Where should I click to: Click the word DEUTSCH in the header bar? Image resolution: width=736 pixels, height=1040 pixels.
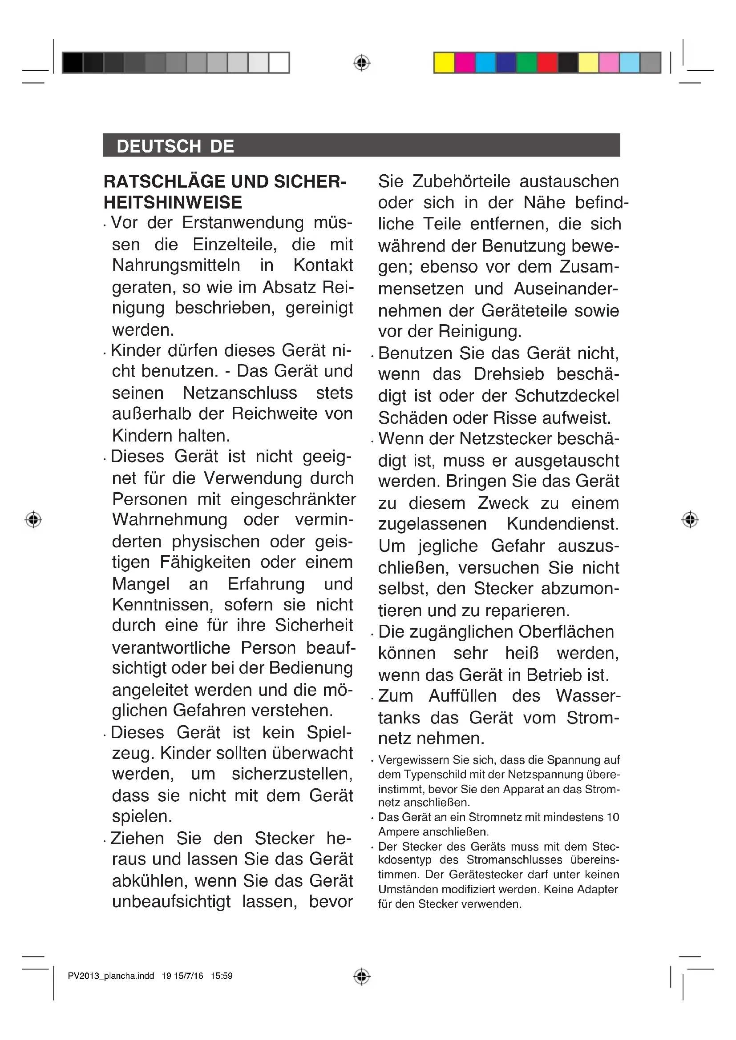(158, 146)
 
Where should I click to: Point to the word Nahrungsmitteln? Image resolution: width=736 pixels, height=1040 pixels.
(176, 265)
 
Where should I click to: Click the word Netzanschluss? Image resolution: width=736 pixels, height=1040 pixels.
(240, 393)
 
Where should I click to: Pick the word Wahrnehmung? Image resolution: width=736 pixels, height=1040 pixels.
(170, 519)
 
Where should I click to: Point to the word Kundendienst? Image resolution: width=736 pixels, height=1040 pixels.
(562, 524)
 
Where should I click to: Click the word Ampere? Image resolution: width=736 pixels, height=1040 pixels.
(398, 832)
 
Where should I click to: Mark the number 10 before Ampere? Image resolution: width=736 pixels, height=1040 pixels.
(613, 817)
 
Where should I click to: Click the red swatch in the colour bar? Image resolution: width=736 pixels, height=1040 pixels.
(547, 63)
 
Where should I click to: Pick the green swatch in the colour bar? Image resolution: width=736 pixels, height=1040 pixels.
(526, 63)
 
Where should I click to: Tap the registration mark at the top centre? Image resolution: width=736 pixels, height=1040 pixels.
(361, 63)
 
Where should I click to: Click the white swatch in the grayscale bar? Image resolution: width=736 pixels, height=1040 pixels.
(279, 63)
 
